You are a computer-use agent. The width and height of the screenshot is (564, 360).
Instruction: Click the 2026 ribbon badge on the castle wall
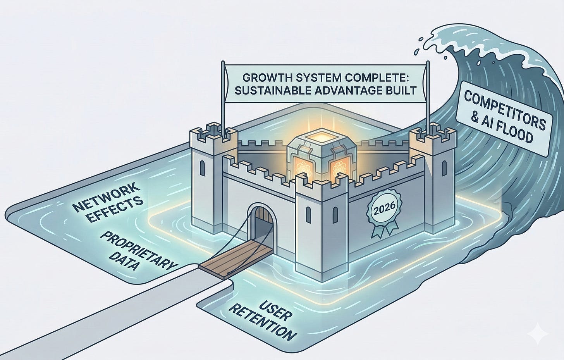(x=383, y=211)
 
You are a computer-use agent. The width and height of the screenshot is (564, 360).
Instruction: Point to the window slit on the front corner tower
(x=309, y=214)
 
